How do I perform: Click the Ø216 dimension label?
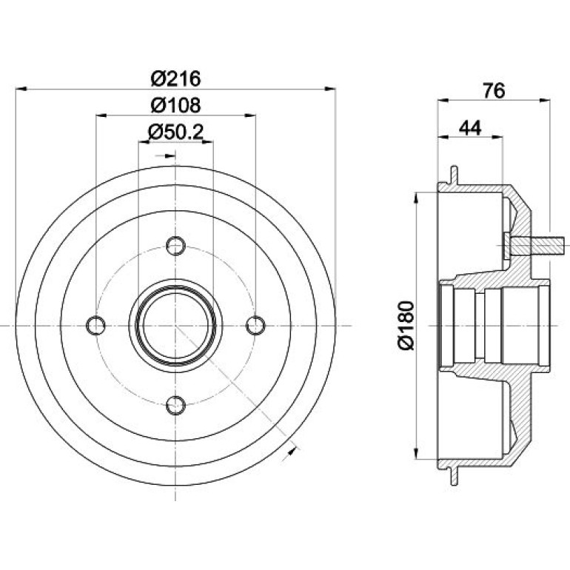175,78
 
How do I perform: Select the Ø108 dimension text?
175,105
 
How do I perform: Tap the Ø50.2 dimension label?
175,133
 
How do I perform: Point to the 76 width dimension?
494,90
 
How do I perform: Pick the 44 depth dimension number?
470,128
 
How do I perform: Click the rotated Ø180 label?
406,326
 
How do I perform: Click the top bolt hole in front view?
175,246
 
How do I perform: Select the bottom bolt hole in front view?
175,405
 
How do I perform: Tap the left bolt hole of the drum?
96,326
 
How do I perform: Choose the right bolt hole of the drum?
255,326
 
